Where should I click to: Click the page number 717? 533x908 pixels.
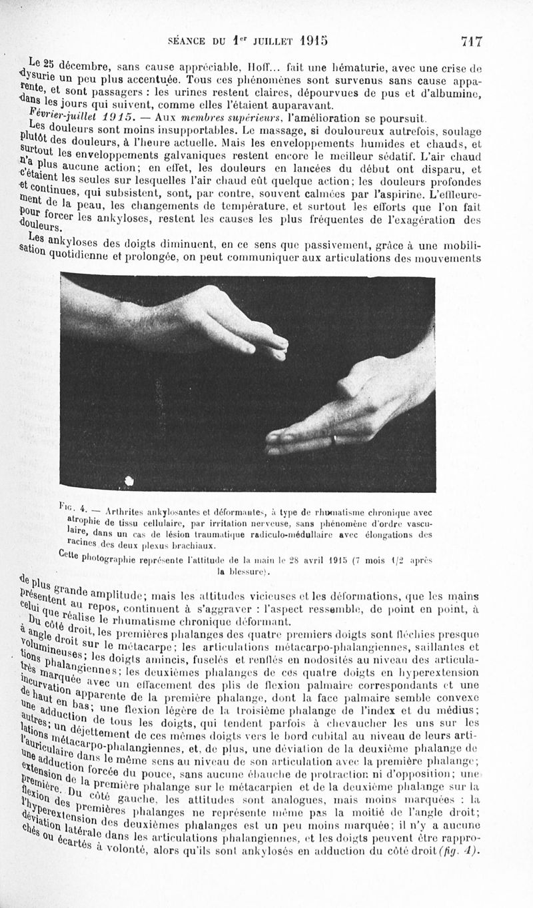click(471, 41)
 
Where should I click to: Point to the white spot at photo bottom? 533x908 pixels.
click(129, 480)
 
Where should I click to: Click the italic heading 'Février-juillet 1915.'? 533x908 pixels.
click(71, 117)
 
